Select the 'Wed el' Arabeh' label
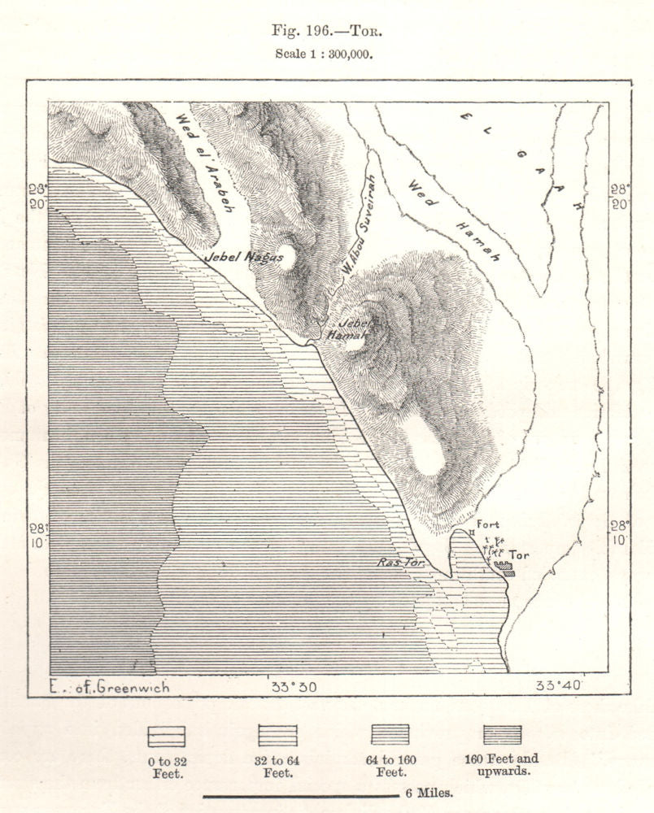coord(204,162)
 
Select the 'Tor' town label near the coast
coord(517,555)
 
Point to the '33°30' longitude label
coord(294,687)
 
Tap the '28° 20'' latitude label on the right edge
coord(621,197)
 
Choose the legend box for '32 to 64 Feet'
coord(277,736)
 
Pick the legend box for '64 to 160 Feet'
coord(390,736)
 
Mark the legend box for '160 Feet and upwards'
coord(501,736)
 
